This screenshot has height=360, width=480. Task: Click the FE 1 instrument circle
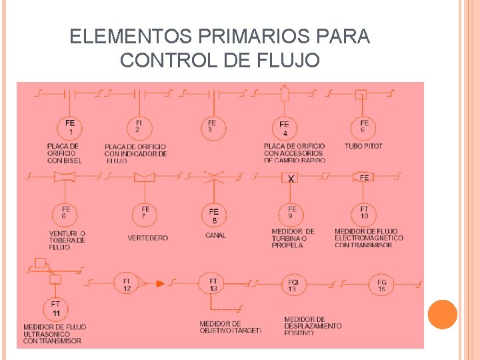[70, 126]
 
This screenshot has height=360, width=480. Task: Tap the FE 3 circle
[212, 126]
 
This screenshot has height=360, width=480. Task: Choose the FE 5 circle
[364, 126]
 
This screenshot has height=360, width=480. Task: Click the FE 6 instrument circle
[65, 213]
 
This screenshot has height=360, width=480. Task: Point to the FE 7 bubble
[145, 213]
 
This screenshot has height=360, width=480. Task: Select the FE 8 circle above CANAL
[214, 215]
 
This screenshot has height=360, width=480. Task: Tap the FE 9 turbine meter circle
[292, 213]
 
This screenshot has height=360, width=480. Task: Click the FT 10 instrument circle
[364, 213]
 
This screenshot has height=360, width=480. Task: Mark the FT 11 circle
[56, 308]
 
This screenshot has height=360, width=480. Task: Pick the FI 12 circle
[127, 284]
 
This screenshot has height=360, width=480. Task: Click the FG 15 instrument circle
[381, 285]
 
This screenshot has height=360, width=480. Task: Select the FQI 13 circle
[293, 285]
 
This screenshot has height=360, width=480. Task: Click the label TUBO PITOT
[363, 146]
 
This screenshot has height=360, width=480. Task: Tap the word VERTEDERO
[148, 238]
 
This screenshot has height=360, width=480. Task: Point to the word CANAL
[215, 235]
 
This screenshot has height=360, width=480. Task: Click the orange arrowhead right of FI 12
[160, 284]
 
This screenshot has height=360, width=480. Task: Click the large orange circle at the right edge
[443, 315]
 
